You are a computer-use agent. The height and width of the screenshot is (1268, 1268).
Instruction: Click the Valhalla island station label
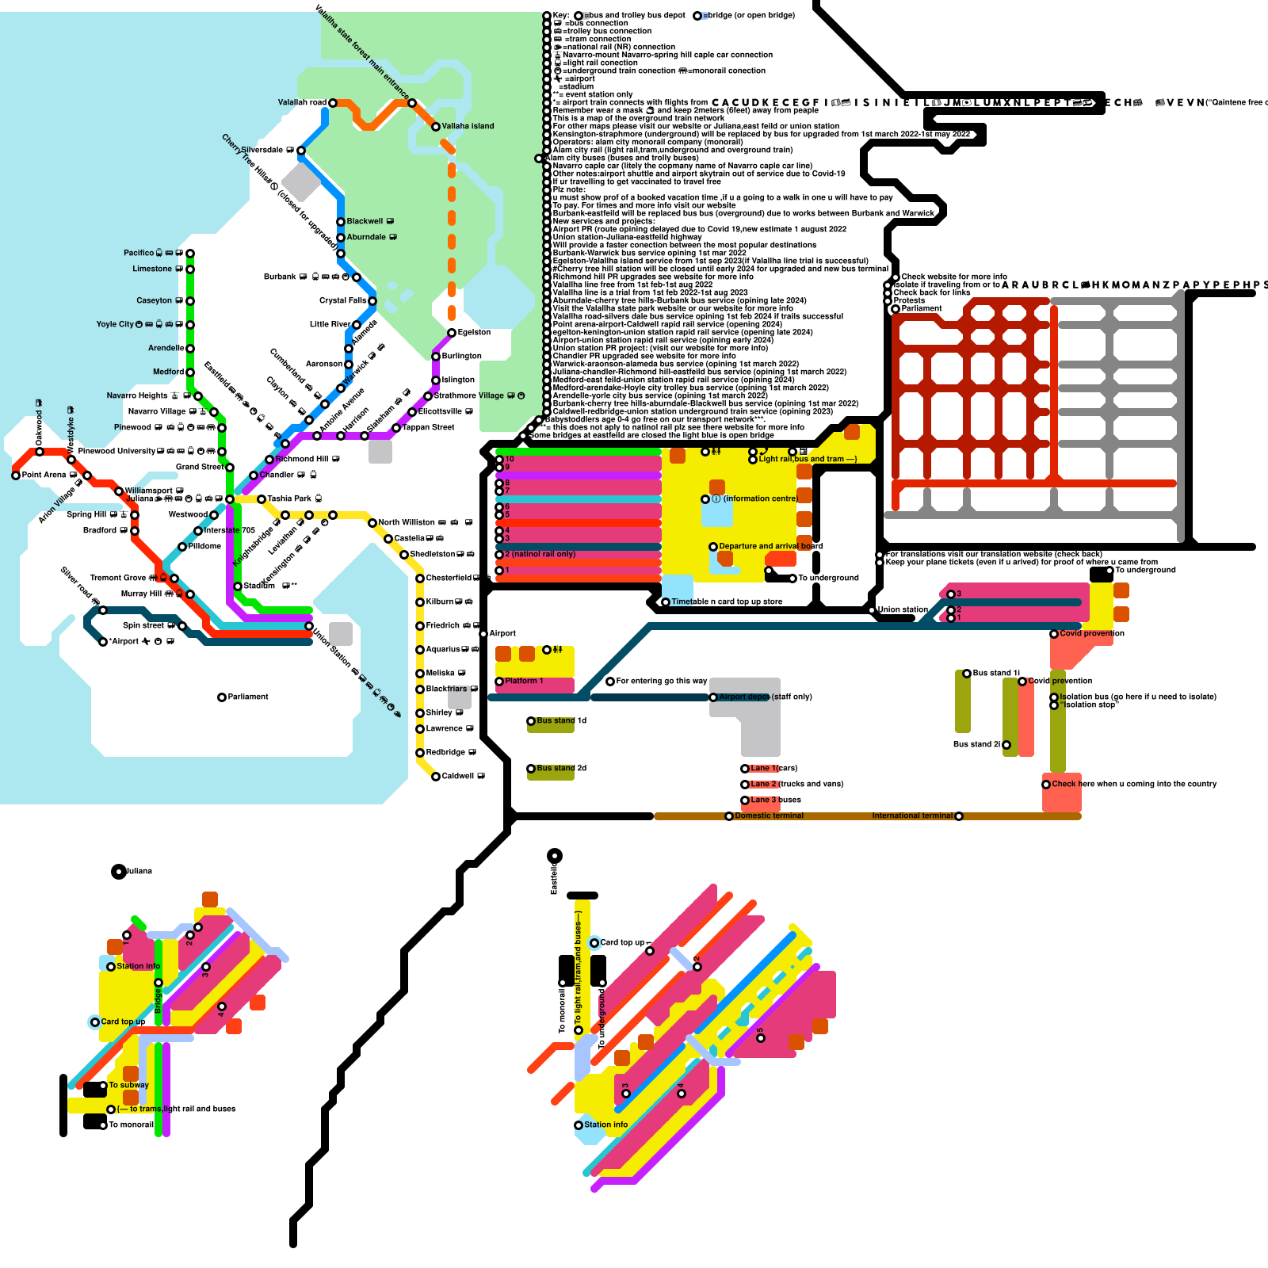(x=468, y=126)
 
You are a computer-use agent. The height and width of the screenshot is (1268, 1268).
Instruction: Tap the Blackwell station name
(x=365, y=221)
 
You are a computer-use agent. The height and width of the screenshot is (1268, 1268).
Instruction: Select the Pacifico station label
(x=139, y=253)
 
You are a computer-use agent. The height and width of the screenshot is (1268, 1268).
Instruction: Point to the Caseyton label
(x=154, y=300)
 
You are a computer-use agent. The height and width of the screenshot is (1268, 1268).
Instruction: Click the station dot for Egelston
(x=452, y=333)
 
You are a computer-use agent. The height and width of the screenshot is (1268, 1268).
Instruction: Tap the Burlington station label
(x=462, y=356)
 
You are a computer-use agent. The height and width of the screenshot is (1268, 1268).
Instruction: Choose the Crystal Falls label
(x=343, y=300)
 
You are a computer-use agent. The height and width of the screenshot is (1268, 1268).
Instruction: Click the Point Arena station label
(x=44, y=475)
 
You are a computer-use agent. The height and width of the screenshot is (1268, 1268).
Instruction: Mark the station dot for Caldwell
(x=436, y=777)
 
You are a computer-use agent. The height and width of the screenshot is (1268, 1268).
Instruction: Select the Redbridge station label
(x=445, y=752)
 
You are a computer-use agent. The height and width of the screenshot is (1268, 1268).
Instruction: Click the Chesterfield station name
(x=449, y=578)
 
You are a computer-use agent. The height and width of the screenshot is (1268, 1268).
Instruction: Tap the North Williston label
(x=407, y=522)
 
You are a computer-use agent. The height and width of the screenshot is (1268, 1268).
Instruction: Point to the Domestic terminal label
(x=769, y=815)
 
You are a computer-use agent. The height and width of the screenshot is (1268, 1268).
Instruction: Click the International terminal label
(x=912, y=815)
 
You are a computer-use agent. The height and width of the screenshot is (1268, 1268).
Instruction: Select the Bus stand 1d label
(x=561, y=720)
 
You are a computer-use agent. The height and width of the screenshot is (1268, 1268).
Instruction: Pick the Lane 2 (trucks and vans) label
(x=796, y=784)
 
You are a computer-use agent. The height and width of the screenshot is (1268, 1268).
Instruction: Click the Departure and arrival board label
(x=771, y=546)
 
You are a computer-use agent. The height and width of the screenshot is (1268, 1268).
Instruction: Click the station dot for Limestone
(x=190, y=269)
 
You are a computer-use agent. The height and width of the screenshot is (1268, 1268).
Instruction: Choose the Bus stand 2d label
(x=561, y=768)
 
